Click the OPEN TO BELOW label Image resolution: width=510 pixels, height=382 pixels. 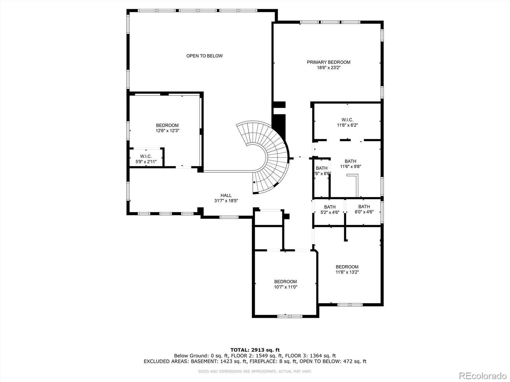point(204,56)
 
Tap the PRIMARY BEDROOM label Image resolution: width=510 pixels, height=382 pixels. point(328,62)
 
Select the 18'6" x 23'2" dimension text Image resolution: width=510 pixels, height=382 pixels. point(328,67)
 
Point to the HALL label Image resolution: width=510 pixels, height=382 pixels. point(226,195)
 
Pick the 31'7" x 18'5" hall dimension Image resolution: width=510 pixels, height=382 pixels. point(226,201)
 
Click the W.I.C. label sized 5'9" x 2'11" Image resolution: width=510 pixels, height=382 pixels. point(146,156)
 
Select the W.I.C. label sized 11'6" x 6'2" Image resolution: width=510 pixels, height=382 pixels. point(347,120)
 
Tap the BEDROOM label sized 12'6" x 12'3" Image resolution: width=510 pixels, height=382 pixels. point(167,125)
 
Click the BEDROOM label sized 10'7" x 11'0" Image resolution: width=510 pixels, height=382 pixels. point(285,281)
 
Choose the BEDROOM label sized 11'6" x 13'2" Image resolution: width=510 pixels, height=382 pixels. point(347,267)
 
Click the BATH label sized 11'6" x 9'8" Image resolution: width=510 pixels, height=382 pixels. point(350,161)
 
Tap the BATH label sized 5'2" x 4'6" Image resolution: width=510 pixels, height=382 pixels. point(330,207)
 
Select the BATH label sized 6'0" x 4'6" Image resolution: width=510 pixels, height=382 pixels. point(364,207)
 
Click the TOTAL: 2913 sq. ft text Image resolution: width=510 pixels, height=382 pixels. point(255,350)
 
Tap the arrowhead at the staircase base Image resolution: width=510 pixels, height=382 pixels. point(254,182)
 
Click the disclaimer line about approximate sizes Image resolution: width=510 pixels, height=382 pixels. point(255,371)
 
